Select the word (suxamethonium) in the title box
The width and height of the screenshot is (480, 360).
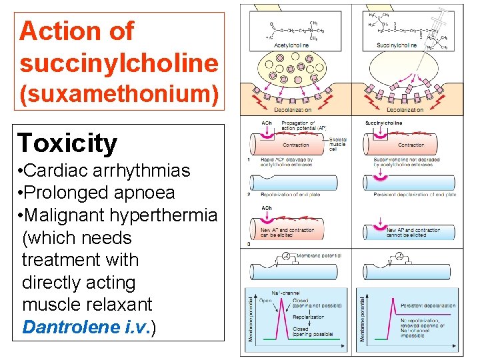(x=119, y=94)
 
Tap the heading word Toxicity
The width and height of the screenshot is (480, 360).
(x=67, y=143)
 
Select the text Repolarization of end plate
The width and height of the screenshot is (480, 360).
(x=291, y=195)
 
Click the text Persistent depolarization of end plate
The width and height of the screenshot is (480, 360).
(x=415, y=195)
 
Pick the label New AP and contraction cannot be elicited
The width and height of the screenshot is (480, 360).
(x=413, y=233)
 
